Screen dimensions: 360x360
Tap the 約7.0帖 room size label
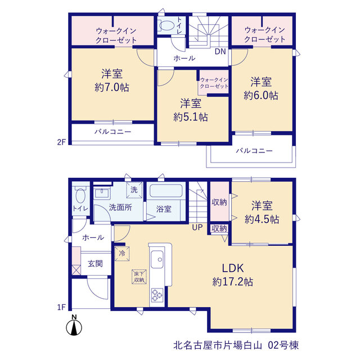[112, 88]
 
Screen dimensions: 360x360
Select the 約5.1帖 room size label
[191, 118]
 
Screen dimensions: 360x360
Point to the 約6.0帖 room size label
[261, 96]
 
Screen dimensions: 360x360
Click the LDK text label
[233, 268]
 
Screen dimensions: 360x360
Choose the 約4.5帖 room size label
[262, 219]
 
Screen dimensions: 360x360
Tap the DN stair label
[220, 52]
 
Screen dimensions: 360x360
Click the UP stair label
[197, 227]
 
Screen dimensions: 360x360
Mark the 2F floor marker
[61, 142]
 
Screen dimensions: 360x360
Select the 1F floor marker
[61, 307]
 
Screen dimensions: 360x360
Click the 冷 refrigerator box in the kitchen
[122, 254]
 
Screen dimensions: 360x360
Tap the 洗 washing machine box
[134, 190]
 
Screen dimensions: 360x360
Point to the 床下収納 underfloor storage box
[139, 277]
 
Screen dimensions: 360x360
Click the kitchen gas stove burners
[157, 295]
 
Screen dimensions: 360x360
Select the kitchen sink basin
[157, 259]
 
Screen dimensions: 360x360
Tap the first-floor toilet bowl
[80, 195]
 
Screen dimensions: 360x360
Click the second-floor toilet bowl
[166, 25]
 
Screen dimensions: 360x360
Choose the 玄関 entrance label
[95, 264]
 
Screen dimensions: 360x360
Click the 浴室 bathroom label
[164, 209]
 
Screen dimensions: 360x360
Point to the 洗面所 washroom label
[120, 208]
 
